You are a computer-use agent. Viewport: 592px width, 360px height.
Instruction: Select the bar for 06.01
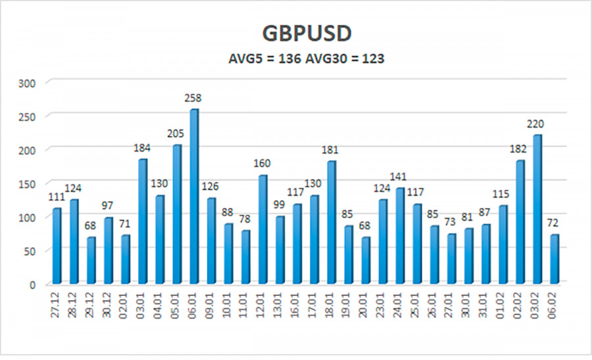[x=194, y=197]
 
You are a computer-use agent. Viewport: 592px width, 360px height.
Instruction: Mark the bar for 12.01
[x=263, y=230]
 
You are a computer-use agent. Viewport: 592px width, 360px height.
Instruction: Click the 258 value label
[x=193, y=98]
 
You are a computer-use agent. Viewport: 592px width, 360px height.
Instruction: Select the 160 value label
[x=262, y=164]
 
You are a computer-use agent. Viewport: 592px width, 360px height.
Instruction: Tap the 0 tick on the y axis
[x=33, y=284]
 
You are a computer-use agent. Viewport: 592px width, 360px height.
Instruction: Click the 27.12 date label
[x=57, y=307]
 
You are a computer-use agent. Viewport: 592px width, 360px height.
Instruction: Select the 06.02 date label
[x=556, y=307]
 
